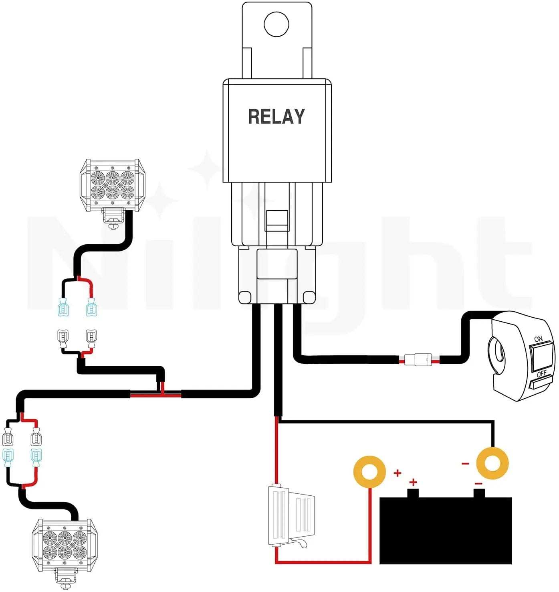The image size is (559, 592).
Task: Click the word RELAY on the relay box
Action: tap(276, 117)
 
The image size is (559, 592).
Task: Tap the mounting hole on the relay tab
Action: tap(276, 24)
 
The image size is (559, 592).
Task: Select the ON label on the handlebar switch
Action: tap(538, 339)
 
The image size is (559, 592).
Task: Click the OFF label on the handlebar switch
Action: tap(541, 374)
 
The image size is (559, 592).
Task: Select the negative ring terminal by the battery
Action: tap(492, 464)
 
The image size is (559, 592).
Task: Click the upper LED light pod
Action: tap(112, 184)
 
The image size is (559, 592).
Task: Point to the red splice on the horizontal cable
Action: tap(156, 395)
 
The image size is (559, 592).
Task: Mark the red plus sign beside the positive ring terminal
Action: tap(397, 473)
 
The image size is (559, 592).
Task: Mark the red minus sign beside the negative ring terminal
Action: tap(465, 464)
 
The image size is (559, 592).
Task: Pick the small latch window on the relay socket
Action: tap(277, 220)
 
